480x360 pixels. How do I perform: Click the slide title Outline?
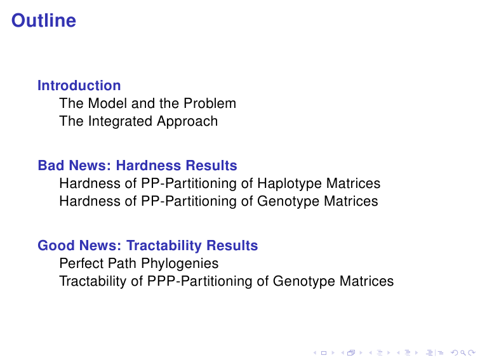(44, 20)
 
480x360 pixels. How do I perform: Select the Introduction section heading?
(79, 86)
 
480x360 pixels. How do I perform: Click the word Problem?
(210, 103)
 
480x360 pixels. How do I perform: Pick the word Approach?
(187, 121)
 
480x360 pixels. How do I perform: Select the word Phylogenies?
(180, 264)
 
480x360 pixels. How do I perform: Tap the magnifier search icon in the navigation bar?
(463, 353)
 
